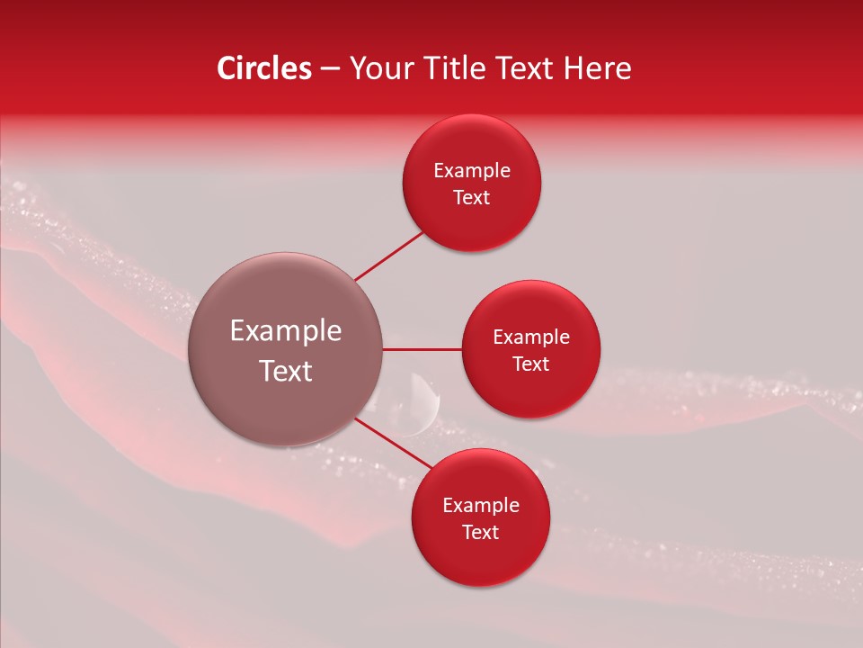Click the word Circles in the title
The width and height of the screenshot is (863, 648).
pyautogui.click(x=264, y=68)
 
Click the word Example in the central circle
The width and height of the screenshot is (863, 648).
pyautogui.click(x=286, y=331)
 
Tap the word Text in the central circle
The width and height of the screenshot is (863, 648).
pyautogui.click(x=286, y=371)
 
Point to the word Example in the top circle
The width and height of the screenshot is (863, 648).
pyautogui.click(x=472, y=171)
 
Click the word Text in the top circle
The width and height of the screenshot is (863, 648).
pyautogui.click(x=472, y=198)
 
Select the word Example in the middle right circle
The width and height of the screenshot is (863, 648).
pyautogui.click(x=531, y=337)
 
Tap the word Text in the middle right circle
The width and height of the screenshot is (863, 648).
pyautogui.click(x=531, y=364)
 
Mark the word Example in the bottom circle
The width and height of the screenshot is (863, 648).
pyautogui.click(x=481, y=506)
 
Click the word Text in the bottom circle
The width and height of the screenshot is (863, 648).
pyautogui.click(x=481, y=533)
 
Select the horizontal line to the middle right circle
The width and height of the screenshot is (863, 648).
pyautogui.click(x=422, y=349)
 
